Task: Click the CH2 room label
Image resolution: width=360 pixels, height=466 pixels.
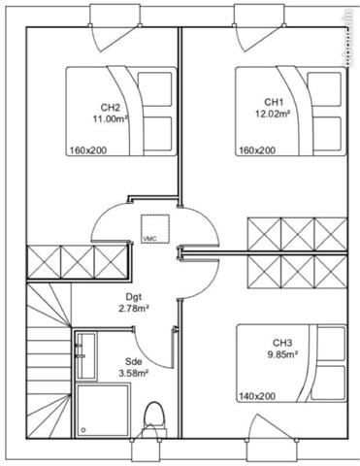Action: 110,108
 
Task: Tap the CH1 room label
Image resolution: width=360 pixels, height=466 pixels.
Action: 274,102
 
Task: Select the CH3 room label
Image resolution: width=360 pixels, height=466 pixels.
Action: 281,343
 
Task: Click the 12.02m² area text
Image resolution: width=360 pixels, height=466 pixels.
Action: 274,113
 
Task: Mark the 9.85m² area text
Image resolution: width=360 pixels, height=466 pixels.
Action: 281,354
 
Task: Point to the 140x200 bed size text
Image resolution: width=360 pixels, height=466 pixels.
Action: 256,397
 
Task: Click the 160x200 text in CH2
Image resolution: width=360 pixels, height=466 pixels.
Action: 89,150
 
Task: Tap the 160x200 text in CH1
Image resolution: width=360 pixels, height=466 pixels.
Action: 256,150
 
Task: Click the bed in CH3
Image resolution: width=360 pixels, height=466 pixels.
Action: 291,364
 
